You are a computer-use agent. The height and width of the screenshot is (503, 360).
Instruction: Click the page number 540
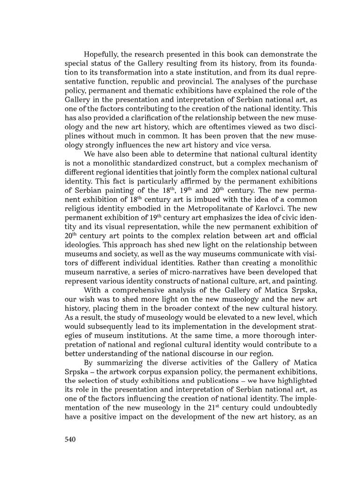[x=68, y=439]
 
